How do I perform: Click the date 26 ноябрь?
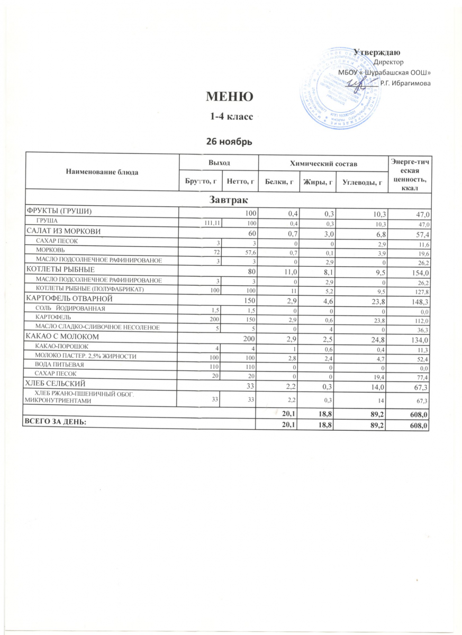coord(227,141)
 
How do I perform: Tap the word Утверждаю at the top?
coord(379,52)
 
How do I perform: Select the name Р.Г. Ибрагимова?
coord(405,83)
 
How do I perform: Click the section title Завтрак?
coord(227,198)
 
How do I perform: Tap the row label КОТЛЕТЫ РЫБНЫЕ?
coord(57,269)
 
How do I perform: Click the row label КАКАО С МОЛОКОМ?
coord(59,337)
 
